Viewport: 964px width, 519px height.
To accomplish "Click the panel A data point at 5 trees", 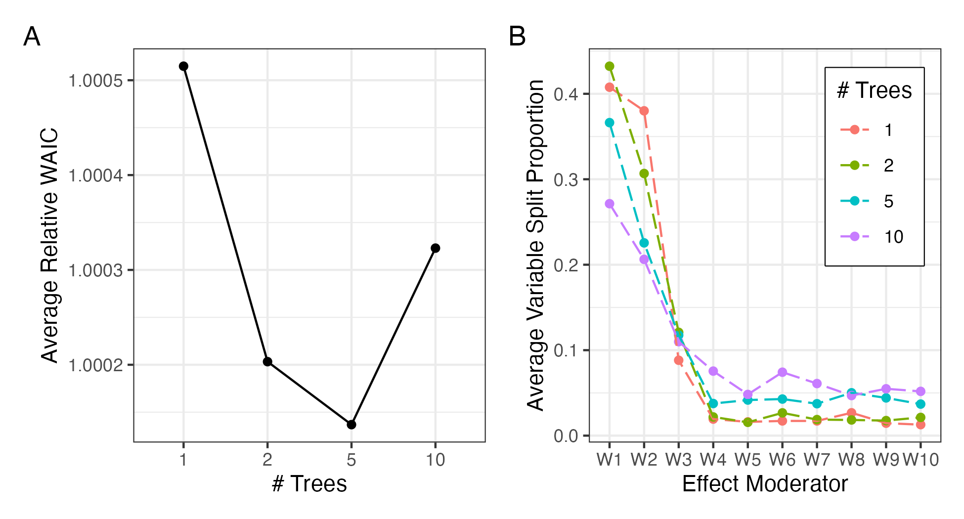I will pos(351,425).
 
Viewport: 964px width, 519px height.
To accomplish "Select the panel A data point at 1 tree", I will pos(183,66).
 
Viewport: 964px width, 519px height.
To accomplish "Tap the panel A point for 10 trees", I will pos(436,248).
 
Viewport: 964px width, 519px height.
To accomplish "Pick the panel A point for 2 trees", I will pos(267,362).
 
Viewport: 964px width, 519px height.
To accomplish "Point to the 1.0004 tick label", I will pos(95,175).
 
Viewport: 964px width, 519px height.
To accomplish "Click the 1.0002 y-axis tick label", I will pos(95,365).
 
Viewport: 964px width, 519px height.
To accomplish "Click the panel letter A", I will pos(32,37).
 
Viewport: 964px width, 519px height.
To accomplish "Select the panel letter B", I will pos(517,37).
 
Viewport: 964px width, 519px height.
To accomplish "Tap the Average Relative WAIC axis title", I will pos(49,246).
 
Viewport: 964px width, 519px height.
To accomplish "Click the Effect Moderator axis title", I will pos(765,484).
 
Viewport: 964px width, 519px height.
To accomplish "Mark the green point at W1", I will pos(610,66).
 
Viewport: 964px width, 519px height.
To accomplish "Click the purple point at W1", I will pos(610,204).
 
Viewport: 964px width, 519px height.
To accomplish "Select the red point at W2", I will pos(644,111).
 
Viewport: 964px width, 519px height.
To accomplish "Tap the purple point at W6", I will pos(782,372).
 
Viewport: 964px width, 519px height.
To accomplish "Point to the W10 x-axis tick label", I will pos(920,460).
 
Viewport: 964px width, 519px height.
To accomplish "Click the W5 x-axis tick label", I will pos(747,460).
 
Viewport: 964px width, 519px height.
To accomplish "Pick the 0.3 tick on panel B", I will pos(566,179).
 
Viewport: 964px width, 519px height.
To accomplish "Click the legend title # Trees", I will pos(874,91).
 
